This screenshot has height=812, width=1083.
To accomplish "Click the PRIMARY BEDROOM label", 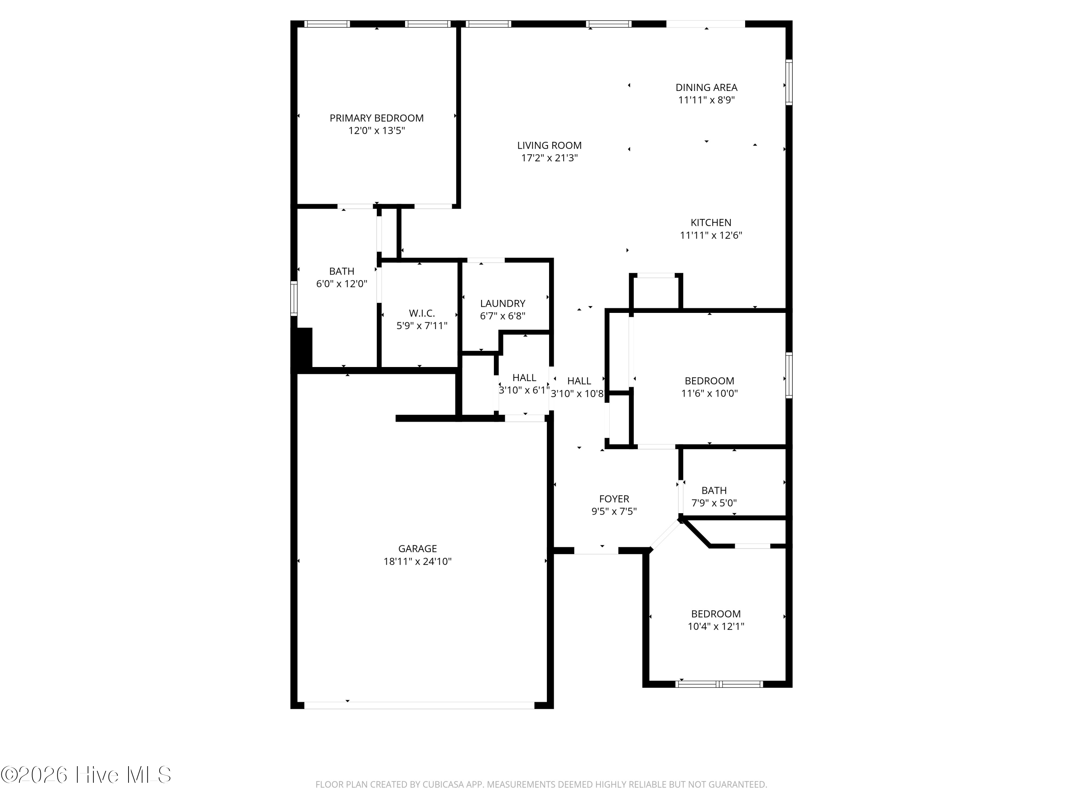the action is [377, 118].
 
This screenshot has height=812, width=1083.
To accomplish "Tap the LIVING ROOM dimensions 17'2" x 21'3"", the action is [549, 158].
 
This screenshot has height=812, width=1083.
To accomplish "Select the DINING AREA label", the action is [706, 88].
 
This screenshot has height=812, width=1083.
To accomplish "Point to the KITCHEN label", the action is [711, 223].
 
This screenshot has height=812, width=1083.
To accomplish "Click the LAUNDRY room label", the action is [503, 304].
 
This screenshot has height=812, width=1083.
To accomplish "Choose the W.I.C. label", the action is [422, 313].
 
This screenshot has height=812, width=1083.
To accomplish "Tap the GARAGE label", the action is [418, 549].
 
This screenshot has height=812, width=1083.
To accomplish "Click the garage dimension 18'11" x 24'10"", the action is [418, 562].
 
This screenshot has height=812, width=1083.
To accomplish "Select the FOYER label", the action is [614, 499].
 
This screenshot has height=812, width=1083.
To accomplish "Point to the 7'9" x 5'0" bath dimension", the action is [714, 503].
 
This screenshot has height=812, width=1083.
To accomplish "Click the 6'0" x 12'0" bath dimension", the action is [342, 284].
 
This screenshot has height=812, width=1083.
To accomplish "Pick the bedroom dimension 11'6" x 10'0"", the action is [709, 393].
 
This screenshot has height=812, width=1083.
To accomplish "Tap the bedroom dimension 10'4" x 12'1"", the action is [716, 626].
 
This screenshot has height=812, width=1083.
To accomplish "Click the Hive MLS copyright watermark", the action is [86, 775].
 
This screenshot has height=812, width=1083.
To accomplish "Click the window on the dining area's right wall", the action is [789, 82].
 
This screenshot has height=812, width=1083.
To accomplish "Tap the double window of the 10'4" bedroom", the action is [719, 684].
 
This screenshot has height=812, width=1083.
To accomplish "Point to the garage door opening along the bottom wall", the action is [419, 705].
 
